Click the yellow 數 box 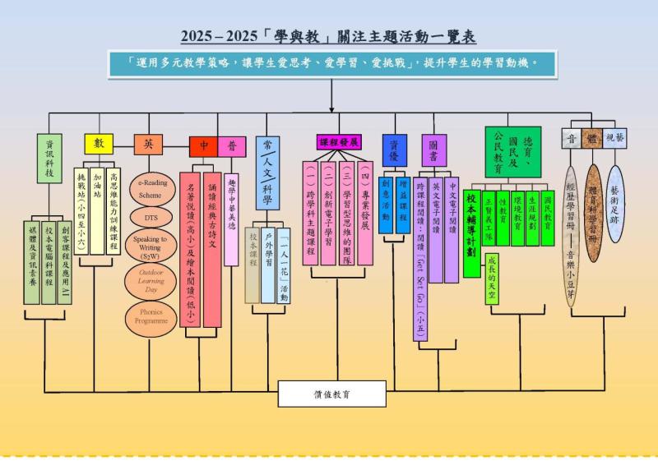pos(99,144)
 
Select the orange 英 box pos(148,145)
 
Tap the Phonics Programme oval pos(150,317)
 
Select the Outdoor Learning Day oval pos(150,281)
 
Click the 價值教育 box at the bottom pos(331,394)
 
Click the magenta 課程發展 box pos(339,142)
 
